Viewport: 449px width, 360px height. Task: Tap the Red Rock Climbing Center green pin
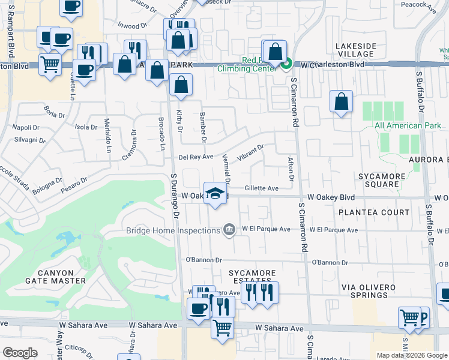(x=286, y=62)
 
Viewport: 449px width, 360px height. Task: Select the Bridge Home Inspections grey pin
(x=229, y=230)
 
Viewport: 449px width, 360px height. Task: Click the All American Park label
(x=399, y=125)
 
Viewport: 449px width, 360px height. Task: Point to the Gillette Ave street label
(x=262, y=188)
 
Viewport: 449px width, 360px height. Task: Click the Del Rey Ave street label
(x=196, y=157)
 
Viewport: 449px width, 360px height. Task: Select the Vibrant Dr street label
(x=250, y=151)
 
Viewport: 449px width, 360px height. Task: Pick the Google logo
(x=20, y=353)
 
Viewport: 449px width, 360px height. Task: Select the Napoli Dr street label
(x=27, y=128)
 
